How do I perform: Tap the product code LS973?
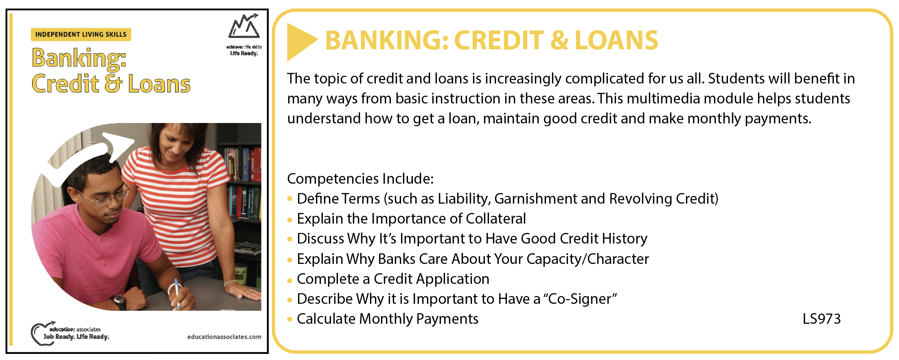click(x=822, y=319)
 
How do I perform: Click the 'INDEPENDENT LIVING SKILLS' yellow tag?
click(x=81, y=35)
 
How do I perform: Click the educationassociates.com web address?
click(x=224, y=337)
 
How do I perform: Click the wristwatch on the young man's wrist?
click(x=119, y=302)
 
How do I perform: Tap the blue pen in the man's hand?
click(x=177, y=293)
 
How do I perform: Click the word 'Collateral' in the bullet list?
click(x=496, y=219)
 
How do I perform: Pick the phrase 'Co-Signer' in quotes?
click(x=580, y=299)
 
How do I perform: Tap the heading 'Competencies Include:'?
click(x=360, y=179)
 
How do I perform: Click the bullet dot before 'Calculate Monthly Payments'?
click(x=290, y=320)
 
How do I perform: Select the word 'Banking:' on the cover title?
click(x=79, y=58)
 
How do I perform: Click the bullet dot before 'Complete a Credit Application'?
click(x=290, y=280)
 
